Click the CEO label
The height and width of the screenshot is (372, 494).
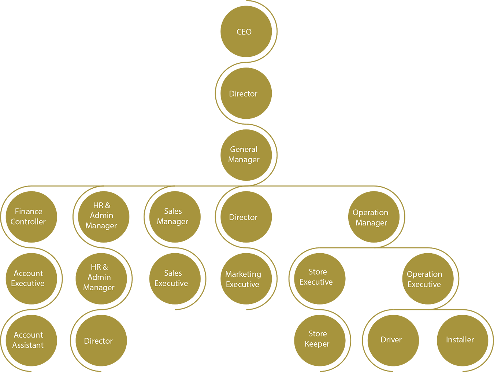(x=244, y=32)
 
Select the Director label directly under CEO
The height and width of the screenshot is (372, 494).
(x=243, y=94)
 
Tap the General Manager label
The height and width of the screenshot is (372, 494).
(x=244, y=154)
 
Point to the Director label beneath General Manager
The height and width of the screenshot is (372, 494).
(x=243, y=217)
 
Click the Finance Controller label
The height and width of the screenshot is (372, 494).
(x=28, y=217)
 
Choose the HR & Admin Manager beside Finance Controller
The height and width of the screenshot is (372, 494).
(x=101, y=216)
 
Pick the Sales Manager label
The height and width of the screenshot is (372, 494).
(x=172, y=216)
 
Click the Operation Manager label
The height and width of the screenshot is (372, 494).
(x=371, y=218)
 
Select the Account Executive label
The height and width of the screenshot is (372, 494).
(x=28, y=278)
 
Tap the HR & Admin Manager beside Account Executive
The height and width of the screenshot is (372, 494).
(x=99, y=277)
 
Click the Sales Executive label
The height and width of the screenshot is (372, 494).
(x=171, y=278)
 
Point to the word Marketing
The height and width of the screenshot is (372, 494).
(x=243, y=274)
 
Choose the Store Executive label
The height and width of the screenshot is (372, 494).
(x=316, y=277)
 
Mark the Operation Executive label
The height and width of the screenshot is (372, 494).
(x=424, y=279)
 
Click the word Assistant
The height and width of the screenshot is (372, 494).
(x=28, y=345)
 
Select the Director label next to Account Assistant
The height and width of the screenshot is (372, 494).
(x=98, y=341)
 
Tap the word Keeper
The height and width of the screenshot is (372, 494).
(x=317, y=344)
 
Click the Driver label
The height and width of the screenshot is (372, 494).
(x=391, y=340)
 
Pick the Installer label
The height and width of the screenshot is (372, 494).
(x=460, y=340)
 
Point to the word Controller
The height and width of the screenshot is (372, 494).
(x=28, y=222)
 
